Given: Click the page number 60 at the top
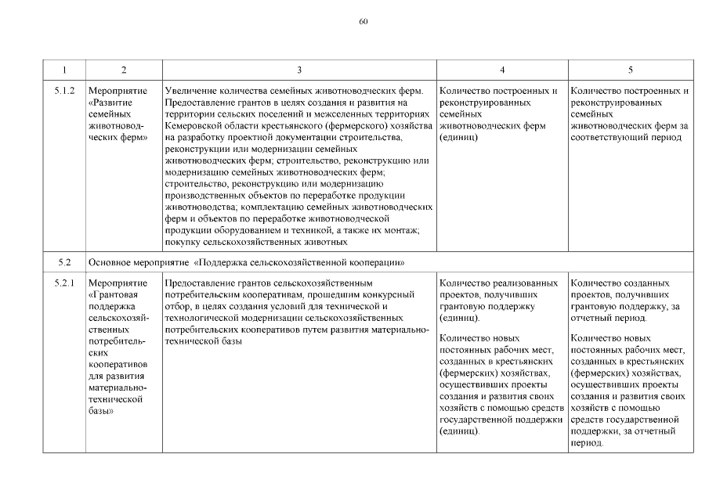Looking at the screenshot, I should coord(364,21).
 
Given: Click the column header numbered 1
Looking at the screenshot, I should coord(65,70).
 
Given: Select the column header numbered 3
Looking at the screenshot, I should coord(299,70).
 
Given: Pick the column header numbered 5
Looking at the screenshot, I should coord(630,70).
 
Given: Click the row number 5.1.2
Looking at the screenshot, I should coord(65,91).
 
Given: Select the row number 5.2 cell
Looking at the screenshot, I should coord(65,261).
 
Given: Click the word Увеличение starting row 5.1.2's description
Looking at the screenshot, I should coord(191,91).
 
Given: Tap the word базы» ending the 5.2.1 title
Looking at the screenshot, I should coord(103,411).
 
